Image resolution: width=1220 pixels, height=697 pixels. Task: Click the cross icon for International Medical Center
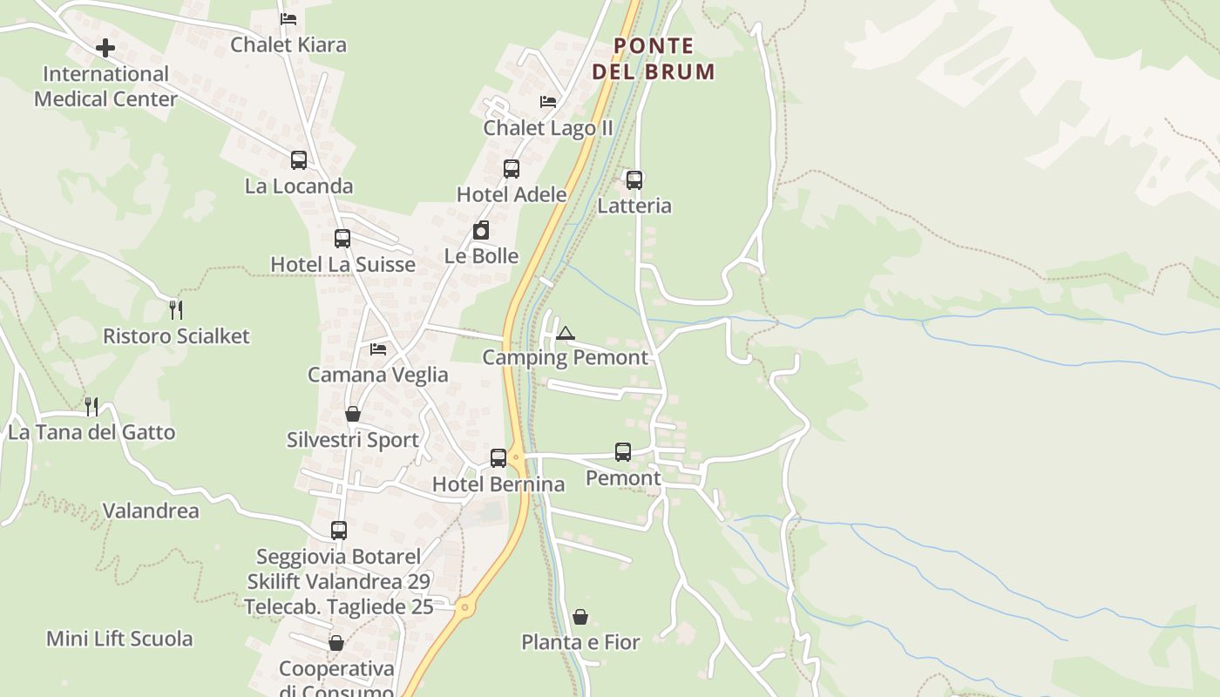pos(105,47)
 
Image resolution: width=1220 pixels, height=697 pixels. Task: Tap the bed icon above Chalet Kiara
pos(288,18)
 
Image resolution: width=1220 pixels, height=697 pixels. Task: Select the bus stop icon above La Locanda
pos(299,160)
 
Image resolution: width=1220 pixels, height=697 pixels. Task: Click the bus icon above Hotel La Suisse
pos(342,239)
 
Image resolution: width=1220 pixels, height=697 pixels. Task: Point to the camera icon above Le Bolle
pos(481,230)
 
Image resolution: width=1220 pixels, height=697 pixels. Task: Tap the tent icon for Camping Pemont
pos(566,333)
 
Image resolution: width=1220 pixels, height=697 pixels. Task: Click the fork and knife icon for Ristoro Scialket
pos(176,309)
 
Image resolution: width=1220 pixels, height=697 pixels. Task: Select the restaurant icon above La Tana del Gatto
pos(91,406)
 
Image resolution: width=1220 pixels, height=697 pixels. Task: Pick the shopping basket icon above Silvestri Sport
pos(353,414)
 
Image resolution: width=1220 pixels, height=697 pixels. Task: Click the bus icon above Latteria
pos(634,180)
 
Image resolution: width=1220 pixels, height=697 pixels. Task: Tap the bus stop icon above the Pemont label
pos(623,452)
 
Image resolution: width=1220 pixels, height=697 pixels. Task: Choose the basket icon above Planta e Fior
pos(580,617)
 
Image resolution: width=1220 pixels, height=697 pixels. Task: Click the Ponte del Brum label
pos(654,58)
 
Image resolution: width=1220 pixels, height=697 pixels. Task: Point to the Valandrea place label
pos(151,511)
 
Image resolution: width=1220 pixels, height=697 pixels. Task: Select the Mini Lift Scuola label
pos(119,639)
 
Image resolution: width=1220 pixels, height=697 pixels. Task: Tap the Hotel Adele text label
pos(512,194)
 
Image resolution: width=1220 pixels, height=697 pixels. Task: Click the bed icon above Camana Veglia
pos(378,348)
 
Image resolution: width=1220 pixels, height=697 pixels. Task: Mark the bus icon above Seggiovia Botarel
pos(339,530)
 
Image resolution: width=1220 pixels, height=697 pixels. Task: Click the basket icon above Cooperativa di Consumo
pos(336,643)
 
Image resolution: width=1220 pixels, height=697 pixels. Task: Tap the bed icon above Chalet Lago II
pos(548,102)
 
